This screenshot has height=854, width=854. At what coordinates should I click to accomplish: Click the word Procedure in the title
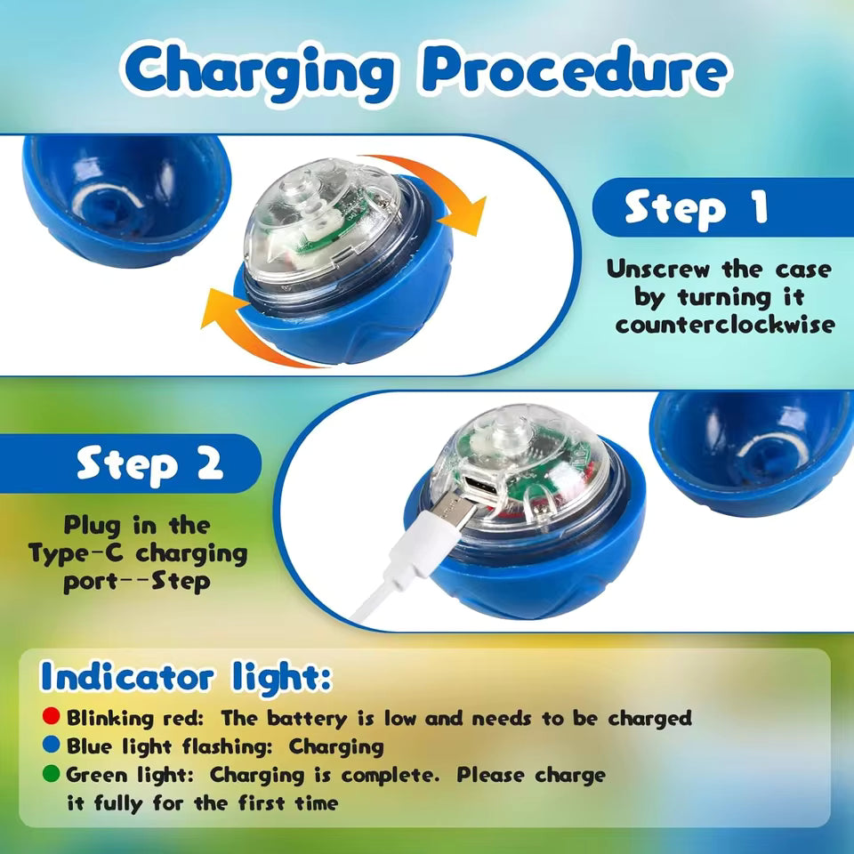click(570, 71)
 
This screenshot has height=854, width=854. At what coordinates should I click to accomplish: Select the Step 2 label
click(149, 464)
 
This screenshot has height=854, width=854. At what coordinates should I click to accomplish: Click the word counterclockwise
click(725, 324)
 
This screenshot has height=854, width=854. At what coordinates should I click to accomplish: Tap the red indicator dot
click(52, 716)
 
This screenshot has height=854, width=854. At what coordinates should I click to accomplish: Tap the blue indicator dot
click(52, 745)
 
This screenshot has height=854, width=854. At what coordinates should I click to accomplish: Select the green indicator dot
click(52, 775)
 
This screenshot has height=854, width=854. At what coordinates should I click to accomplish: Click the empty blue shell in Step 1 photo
click(125, 196)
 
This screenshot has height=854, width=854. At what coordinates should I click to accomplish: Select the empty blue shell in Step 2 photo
click(756, 449)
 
